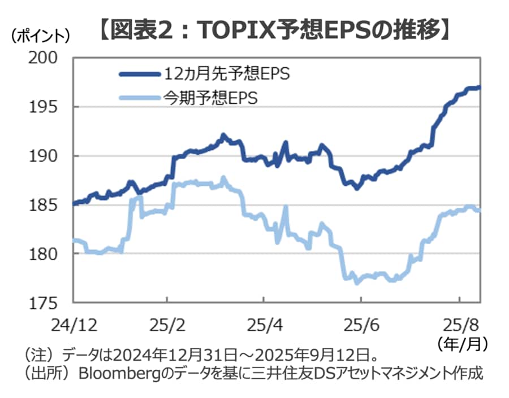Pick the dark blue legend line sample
coord(139,74)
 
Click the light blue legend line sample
coord(139,98)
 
